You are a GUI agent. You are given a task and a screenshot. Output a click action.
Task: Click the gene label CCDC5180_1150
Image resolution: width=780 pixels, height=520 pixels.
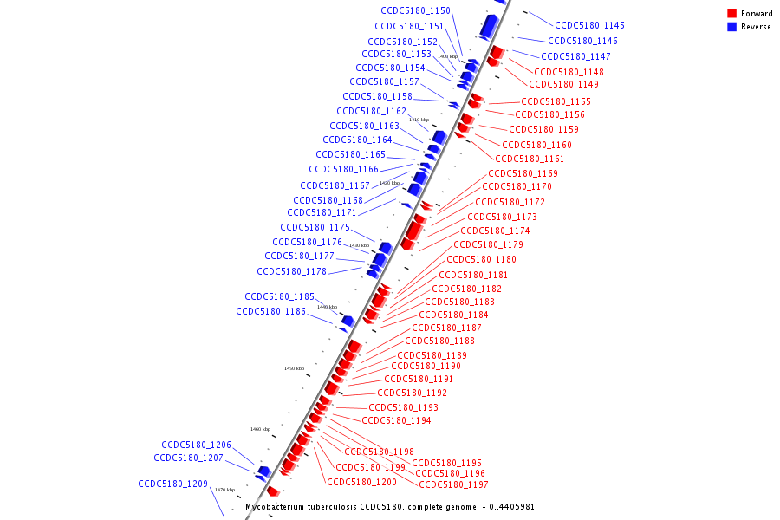coord(415,10)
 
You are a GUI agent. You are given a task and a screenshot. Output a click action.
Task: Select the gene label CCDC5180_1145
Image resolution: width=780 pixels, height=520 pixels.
coord(589,25)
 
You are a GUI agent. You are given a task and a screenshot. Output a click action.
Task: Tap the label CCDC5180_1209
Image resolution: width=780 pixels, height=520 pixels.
coord(172,484)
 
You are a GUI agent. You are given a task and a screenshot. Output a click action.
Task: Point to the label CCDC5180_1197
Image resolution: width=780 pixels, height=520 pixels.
coord(453,484)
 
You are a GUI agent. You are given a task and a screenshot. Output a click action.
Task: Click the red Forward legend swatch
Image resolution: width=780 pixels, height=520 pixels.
coord(732,14)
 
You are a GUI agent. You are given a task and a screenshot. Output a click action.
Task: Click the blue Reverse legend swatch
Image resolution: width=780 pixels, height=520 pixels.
coord(732,27)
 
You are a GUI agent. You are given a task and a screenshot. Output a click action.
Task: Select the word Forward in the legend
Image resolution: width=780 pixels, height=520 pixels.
coord(757,14)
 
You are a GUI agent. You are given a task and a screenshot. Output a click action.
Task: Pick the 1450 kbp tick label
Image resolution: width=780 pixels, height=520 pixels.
coord(295,368)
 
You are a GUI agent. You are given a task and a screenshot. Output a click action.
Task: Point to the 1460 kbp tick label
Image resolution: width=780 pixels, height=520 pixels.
coord(261,429)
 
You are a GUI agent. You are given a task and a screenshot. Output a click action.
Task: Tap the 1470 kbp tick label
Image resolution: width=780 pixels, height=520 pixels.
coord(225,490)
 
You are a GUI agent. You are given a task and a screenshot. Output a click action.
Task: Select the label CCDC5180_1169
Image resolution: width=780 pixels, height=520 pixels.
coord(523,173)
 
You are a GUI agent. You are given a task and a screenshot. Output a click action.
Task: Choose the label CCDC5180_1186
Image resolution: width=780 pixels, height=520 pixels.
coord(270,311)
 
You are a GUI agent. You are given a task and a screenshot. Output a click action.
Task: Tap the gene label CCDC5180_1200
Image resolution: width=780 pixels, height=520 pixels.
coord(361,481)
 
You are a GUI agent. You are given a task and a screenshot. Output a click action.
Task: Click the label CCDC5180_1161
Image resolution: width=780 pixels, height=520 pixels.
coord(530,159)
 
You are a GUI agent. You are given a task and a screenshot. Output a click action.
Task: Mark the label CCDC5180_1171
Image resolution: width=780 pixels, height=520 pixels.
coord(322,212)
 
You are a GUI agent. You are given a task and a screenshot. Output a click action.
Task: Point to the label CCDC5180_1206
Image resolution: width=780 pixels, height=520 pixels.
coord(196,444)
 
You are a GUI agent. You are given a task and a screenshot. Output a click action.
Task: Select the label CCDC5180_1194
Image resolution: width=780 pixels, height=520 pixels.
coord(396,420)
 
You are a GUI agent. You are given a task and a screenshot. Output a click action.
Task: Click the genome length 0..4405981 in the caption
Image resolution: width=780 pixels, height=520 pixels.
coord(511,506)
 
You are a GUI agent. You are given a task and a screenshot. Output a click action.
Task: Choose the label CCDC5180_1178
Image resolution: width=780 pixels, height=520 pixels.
coord(291,271)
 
